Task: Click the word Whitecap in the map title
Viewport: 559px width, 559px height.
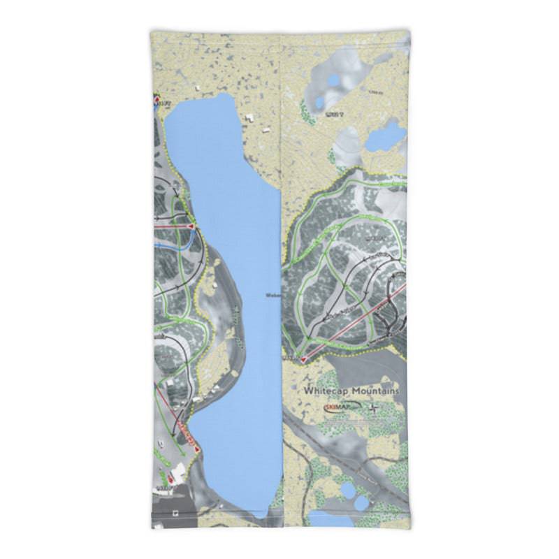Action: [x=326, y=392]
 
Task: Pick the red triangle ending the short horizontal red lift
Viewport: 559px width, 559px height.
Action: [x=190, y=228]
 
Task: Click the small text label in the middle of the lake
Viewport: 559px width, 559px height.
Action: [x=273, y=295]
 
